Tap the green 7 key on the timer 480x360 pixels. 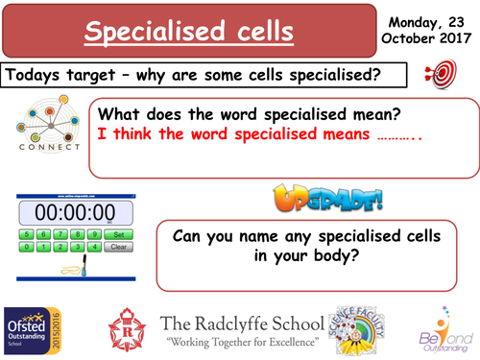59,233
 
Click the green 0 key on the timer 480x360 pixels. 27,246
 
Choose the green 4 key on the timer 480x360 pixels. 94,246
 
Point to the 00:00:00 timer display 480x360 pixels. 75,212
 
